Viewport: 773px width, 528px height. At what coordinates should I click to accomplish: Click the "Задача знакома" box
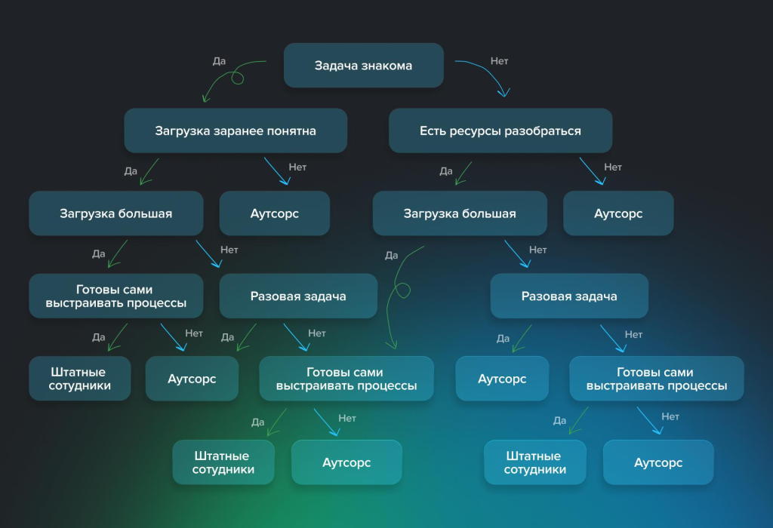(363, 66)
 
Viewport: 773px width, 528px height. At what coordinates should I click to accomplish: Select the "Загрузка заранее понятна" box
(236, 130)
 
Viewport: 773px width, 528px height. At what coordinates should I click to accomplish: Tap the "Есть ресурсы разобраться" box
(500, 130)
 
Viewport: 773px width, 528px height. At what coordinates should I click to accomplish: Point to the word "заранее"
(236, 130)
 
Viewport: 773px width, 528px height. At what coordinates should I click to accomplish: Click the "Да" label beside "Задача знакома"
(219, 61)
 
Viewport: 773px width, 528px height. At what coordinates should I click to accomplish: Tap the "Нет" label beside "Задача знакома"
(499, 61)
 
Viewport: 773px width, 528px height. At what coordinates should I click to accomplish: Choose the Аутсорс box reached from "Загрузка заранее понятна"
(275, 213)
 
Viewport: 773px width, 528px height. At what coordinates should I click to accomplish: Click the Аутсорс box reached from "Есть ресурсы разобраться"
(618, 213)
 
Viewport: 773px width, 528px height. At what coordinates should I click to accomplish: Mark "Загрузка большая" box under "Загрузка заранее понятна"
(116, 213)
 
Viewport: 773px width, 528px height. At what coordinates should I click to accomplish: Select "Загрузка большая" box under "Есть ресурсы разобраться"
(460, 213)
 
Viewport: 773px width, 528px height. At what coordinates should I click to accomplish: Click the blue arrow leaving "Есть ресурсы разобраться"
(591, 171)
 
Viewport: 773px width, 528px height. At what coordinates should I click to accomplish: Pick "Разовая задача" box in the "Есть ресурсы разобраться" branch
(569, 296)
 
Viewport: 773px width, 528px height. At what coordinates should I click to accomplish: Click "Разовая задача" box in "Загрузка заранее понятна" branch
(298, 296)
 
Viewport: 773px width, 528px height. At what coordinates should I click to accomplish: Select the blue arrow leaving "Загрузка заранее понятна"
(276, 171)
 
